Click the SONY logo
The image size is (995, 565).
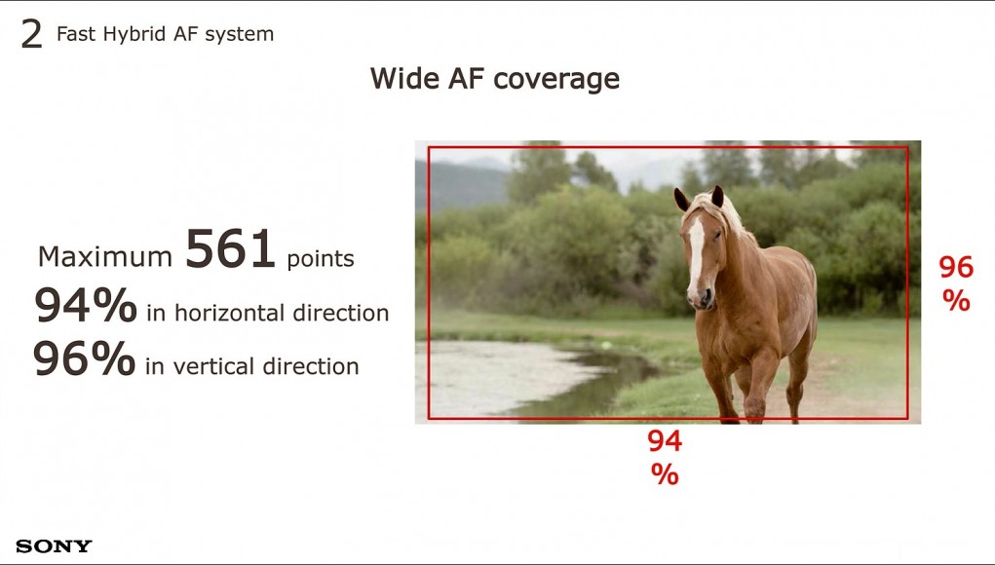54,546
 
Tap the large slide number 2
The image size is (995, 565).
31,34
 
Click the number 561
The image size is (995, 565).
230,248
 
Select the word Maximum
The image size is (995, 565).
104,257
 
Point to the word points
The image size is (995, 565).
321,259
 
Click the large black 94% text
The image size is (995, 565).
86,305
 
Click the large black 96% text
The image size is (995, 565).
85,358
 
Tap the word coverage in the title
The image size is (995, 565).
556,80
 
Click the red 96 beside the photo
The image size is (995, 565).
956,268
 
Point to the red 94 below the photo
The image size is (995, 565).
665,440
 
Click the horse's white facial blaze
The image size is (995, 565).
696,250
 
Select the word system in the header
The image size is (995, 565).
239,35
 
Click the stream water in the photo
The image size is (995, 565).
508,374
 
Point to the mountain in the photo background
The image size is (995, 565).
458,181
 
